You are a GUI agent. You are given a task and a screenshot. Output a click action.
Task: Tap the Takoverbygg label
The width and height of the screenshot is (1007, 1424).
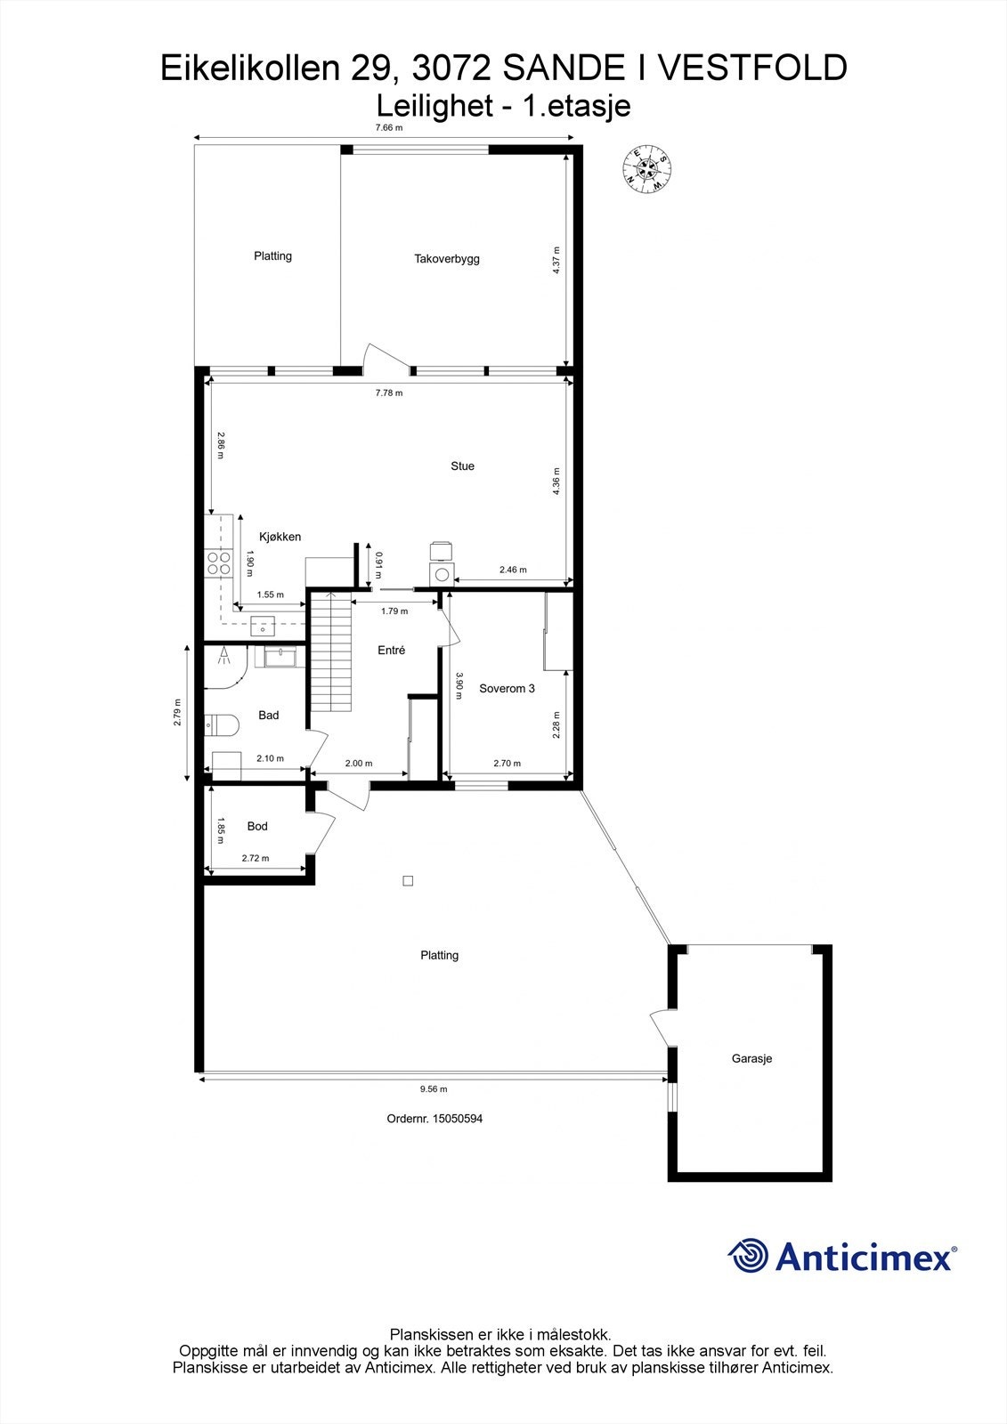447,259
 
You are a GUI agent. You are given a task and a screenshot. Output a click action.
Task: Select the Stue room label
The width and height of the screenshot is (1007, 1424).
462,465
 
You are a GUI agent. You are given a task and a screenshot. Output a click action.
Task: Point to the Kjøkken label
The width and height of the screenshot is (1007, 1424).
280,537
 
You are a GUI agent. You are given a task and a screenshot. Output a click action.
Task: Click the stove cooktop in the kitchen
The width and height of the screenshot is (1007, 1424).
218,562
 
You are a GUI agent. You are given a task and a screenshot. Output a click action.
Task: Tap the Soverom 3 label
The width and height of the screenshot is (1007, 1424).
507,688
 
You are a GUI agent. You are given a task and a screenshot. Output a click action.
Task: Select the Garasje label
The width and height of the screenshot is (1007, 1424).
751,1058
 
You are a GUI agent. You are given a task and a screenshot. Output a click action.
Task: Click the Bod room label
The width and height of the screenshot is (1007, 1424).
257,826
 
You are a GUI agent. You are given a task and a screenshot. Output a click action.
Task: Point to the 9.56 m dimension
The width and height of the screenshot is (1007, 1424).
433,1088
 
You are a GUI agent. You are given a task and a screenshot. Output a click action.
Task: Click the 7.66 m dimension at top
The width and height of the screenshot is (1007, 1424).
388,127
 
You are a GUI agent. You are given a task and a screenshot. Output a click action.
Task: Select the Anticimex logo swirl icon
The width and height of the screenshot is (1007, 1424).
748,1256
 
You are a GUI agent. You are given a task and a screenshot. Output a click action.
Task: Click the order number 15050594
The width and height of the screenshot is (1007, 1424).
457,1119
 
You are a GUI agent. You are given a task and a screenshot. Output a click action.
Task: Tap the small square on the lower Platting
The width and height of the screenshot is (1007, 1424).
408,881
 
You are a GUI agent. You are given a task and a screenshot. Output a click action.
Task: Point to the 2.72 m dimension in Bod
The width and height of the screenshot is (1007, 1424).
255,859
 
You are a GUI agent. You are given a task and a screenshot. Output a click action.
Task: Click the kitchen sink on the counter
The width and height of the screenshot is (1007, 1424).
264,627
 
